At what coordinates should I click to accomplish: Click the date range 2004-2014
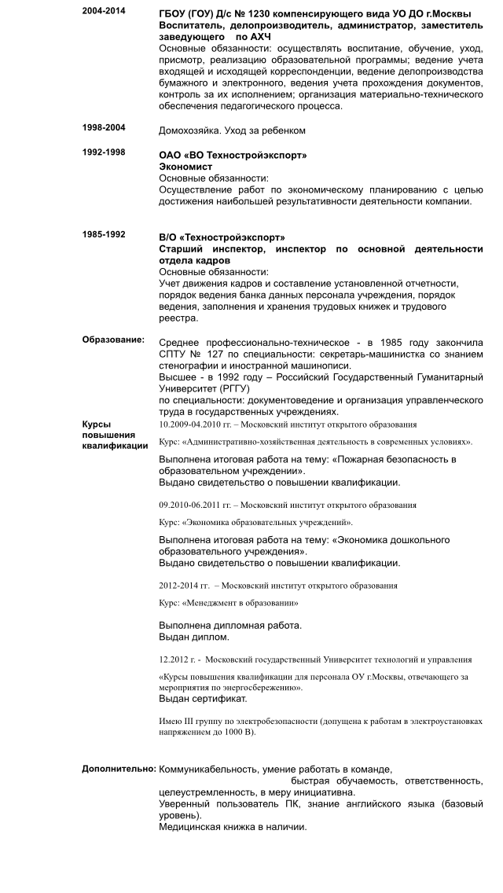102,13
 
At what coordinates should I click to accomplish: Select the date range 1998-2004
102,127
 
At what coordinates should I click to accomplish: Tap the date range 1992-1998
102,152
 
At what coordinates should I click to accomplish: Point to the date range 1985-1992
102,234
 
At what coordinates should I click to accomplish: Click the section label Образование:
113,340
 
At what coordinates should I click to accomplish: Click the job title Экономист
185,167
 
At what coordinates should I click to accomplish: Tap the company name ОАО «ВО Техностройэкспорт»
233,156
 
